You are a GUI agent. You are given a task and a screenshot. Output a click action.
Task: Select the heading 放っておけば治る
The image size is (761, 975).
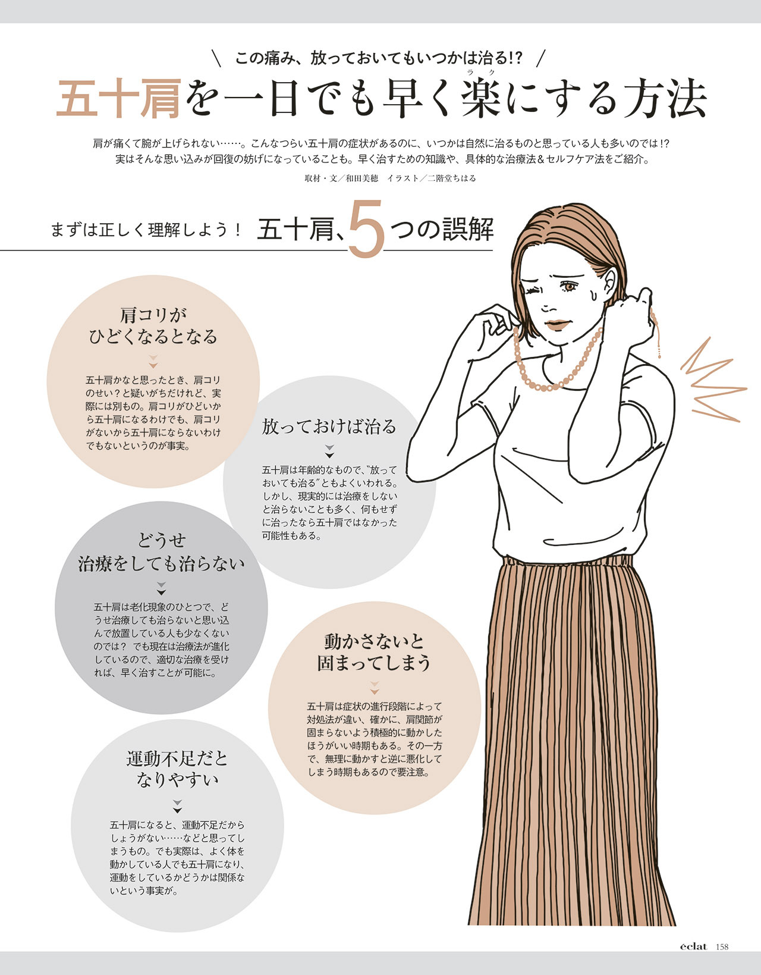click(x=329, y=427)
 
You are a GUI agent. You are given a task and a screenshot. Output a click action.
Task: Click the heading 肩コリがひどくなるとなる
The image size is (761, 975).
click(x=153, y=326)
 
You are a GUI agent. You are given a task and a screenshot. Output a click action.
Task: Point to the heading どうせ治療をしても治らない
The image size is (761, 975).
click(x=162, y=552)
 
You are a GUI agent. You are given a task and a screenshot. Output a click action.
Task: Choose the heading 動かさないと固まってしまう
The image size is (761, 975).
click(x=374, y=653)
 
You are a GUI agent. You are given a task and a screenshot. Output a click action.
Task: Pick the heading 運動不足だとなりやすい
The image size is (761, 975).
click(x=177, y=770)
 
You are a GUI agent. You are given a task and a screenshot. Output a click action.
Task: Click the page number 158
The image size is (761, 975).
click(x=722, y=946)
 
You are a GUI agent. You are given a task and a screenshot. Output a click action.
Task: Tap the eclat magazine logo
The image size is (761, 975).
click(x=693, y=946)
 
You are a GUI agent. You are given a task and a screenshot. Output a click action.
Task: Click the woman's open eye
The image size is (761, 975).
click(x=569, y=286)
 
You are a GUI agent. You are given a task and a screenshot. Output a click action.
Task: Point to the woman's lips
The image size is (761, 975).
click(x=557, y=324)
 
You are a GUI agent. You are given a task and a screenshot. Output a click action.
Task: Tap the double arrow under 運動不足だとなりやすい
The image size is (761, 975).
click(x=178, y=806)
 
